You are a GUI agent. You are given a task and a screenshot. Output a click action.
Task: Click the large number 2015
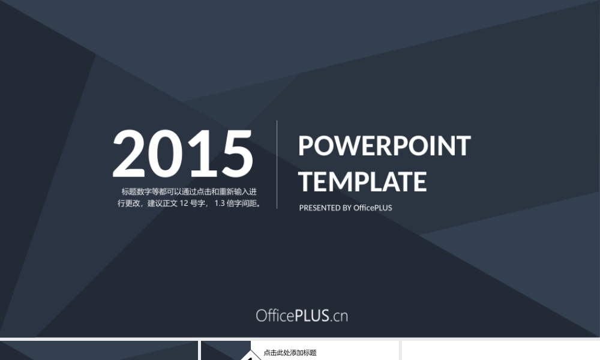[182, 154]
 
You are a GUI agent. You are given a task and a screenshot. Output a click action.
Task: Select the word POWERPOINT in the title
[384, 146]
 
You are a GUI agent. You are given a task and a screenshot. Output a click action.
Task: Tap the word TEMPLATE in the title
[362, 181]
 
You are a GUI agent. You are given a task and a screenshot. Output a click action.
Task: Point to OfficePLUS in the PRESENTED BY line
[373, 208]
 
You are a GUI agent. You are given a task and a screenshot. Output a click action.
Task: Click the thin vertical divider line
[277, 164]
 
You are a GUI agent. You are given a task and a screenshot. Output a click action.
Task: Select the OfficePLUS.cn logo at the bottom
[302, 316]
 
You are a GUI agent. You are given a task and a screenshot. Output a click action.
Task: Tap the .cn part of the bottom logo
[339, 317]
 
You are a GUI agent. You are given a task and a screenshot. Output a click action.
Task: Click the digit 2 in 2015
[129, 154]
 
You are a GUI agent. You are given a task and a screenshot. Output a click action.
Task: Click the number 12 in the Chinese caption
[184, 203]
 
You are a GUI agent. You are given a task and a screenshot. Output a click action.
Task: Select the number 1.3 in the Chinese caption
[219, 203]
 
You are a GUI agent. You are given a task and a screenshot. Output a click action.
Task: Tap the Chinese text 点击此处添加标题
[290, 353]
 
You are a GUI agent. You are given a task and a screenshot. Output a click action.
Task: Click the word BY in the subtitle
[347, 208]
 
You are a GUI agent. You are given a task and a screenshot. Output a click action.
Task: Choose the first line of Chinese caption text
[189, 191]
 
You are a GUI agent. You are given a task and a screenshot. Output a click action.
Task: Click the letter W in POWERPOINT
[340, 146]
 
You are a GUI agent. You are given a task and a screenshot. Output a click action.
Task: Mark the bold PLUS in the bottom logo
[312, 316]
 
